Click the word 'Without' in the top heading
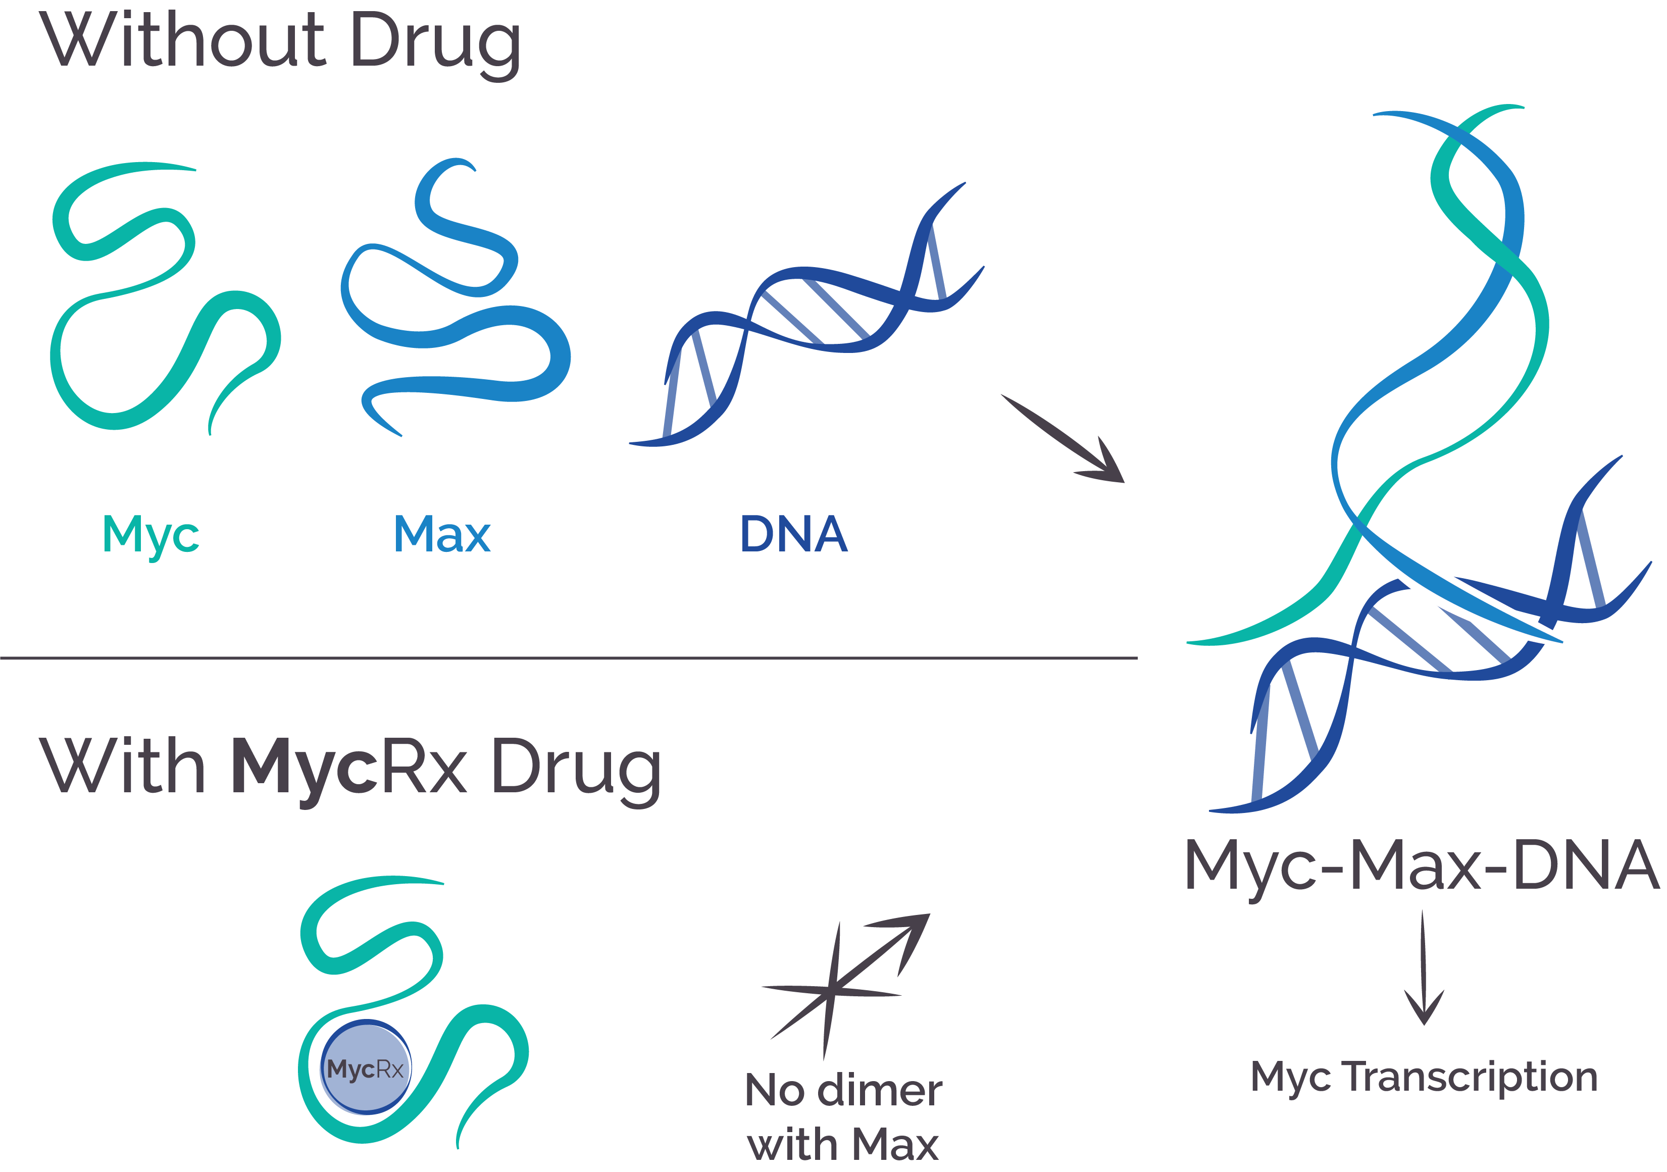(x=181, y=41)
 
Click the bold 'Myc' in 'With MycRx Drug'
(x=304, y=768)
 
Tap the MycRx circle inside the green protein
(x=366, y=1068)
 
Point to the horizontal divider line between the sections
(x=566, y=658)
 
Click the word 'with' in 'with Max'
(x=792, y=1145)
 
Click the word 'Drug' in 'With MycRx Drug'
(x=576, y=770)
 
